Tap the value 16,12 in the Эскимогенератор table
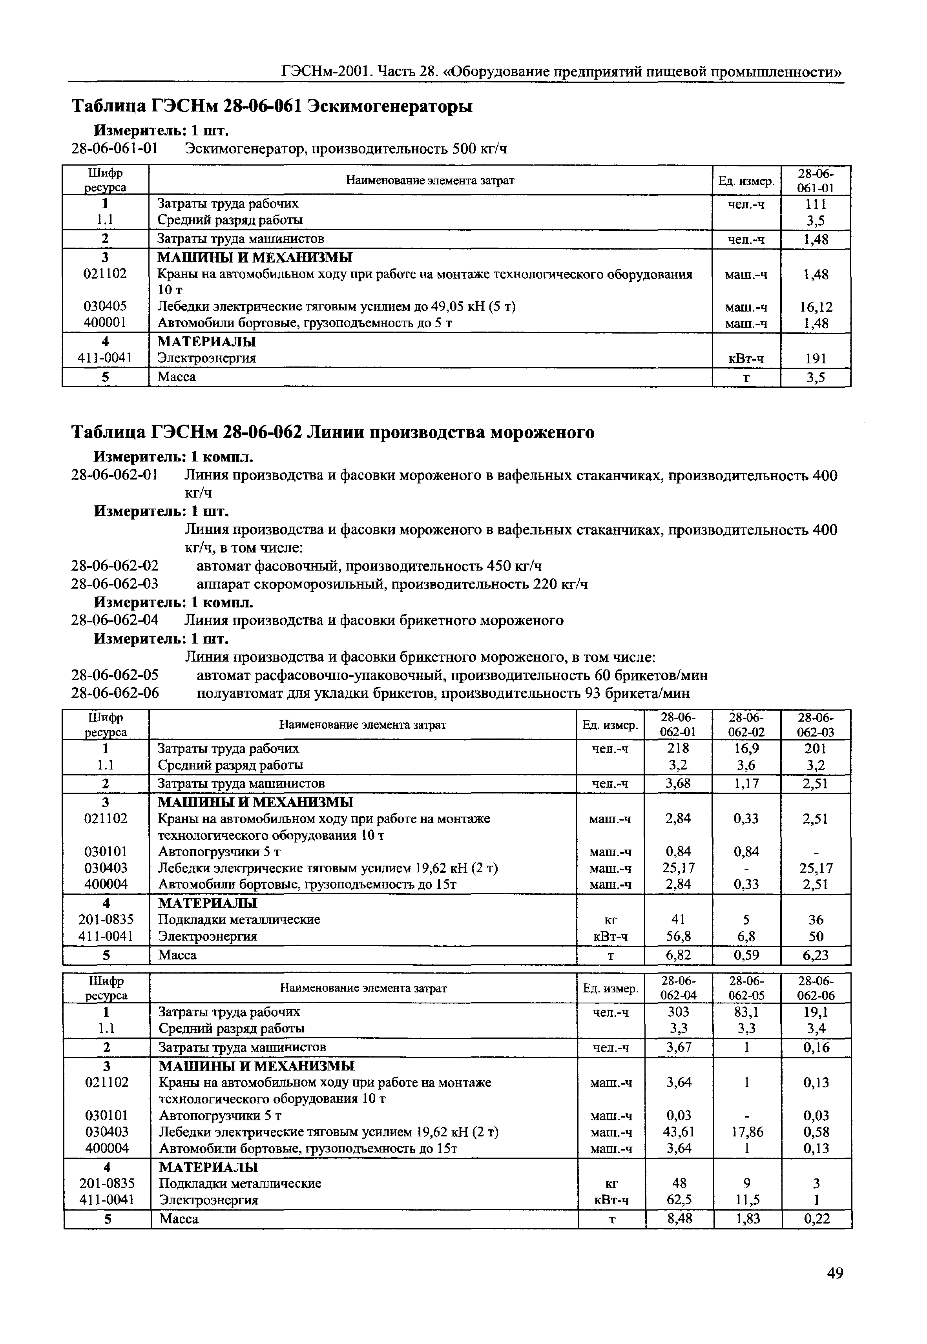(x=816, y=307)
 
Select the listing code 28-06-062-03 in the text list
(x=115, y=584)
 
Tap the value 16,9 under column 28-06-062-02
(x=746, y=748)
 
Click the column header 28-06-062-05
(x=748, y=988)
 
